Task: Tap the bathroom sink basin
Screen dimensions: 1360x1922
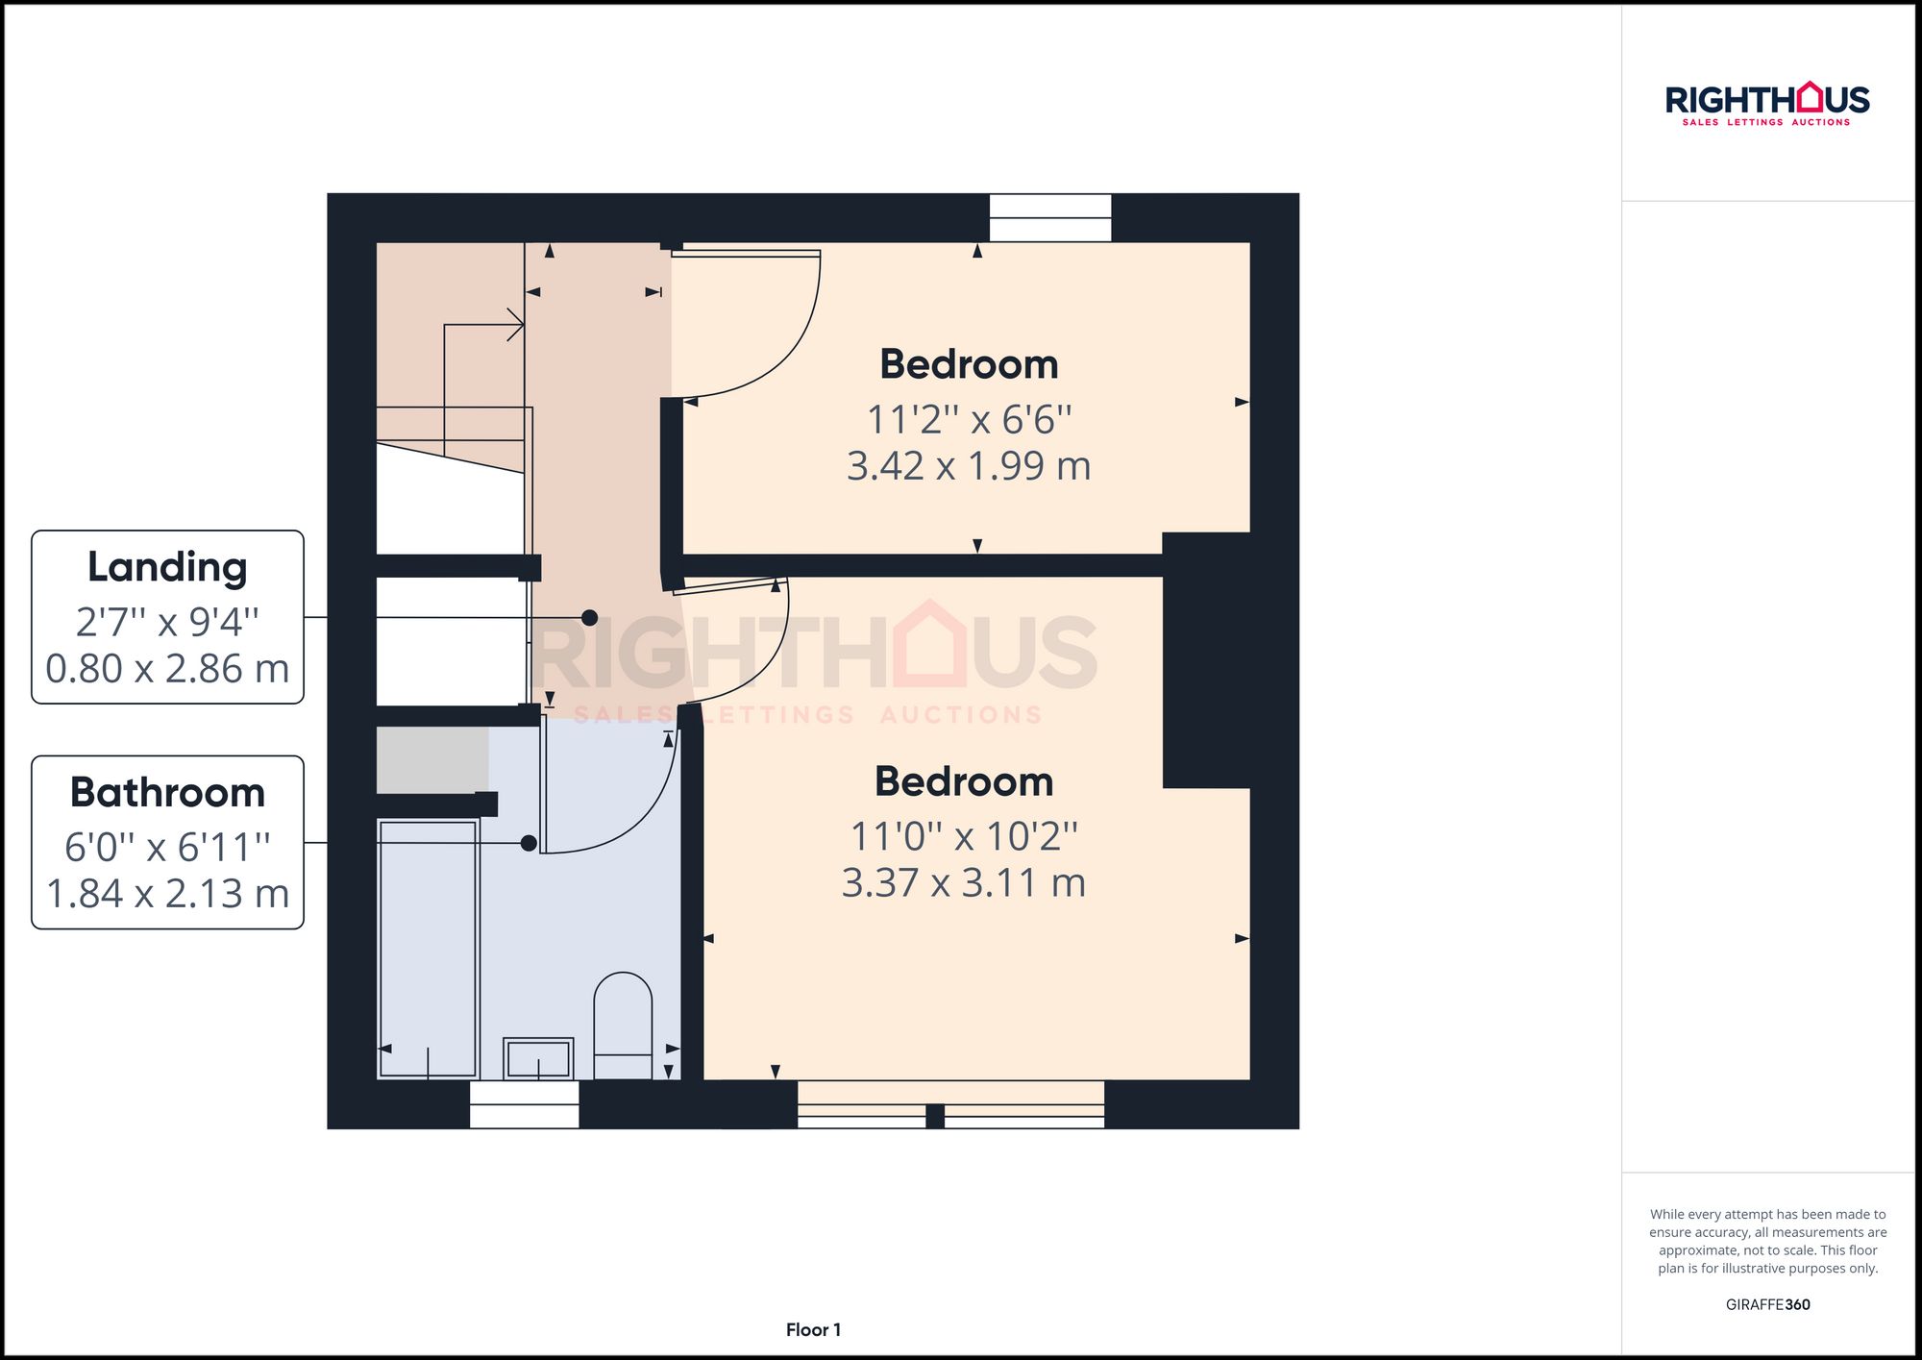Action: [x=538, y=1059]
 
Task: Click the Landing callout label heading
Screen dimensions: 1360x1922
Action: [x=167, y=567]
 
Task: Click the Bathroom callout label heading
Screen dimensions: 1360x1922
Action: [x=167, y=793]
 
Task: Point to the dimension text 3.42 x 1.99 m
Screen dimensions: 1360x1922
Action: [x=969, y=466]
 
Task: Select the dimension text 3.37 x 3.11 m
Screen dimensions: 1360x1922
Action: [x=964, y=883]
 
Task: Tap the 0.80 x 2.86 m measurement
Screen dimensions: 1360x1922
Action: [x=167, y=669]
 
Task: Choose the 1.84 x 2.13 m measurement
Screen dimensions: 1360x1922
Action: [x=167, y=894]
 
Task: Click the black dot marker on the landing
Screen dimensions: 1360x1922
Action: [x=589, y=618]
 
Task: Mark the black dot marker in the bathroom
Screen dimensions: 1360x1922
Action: [x=529, y=843]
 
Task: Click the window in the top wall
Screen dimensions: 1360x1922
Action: [x=1050, y=218]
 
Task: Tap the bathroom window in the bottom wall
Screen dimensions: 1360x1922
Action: [x=525, y=1104]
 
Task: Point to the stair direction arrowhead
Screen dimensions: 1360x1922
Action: [x=516, y=325]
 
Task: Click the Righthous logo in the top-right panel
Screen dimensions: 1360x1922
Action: [x=1767, y=104]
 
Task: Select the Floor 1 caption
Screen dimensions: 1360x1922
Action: [x=813, y=1330]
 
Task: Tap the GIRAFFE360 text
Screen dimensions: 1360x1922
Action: [x=1767, y=1304]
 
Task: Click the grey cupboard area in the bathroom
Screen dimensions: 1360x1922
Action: [x=432, y=759]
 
